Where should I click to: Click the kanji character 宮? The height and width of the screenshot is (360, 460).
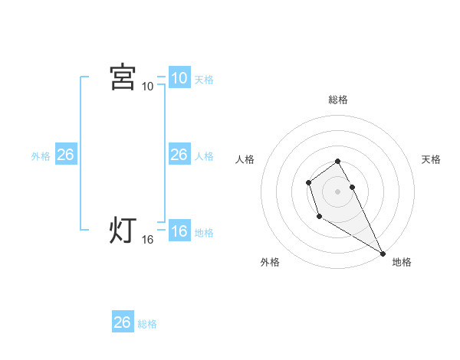[123, 77]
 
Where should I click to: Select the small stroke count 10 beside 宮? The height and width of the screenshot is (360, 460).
[147, 86]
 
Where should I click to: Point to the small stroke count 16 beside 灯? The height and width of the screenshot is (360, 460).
[147, 240]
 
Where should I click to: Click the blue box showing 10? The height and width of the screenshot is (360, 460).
[179, 78]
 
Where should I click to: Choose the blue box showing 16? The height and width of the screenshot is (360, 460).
[179, 231]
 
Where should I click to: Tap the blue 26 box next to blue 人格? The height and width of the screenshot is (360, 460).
[179, 155]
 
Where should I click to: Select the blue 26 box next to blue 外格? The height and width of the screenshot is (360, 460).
[65, 155]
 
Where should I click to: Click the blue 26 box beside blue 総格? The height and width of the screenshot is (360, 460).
[122, 322]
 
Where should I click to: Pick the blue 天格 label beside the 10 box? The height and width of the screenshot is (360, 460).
[204, 79]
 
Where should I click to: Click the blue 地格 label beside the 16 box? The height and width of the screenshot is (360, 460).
[204, 233]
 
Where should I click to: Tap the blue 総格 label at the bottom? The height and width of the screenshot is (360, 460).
[147, 324]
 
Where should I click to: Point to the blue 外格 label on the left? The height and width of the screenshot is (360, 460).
[41, 156]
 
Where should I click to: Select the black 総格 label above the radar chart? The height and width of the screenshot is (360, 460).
[338, 100]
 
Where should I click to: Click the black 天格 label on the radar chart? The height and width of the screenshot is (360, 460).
[431, 159]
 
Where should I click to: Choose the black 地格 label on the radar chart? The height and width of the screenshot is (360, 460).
[402, 262]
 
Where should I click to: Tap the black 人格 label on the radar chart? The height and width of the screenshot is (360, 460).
[245, 159]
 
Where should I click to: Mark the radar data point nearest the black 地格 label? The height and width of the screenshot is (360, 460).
[383, 254]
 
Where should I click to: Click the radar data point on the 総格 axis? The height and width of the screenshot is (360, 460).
[338, 161]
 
